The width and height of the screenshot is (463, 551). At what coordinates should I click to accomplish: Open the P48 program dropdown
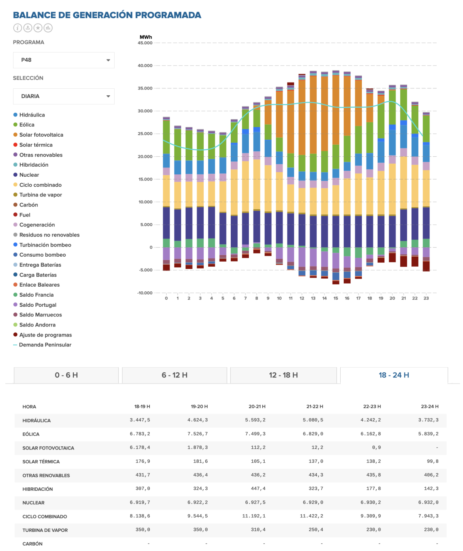[64, 60]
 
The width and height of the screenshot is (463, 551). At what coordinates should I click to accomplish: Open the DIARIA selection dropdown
[64, 96]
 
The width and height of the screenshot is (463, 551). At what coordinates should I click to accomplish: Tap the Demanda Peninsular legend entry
[42, 345]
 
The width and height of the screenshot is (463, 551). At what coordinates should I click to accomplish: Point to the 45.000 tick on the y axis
[145, 43]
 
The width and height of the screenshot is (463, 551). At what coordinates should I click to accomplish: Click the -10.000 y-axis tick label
[145, 292]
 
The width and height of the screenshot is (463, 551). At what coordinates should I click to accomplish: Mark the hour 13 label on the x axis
[313, 298]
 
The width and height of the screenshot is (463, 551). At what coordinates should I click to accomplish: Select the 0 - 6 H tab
[66, 375]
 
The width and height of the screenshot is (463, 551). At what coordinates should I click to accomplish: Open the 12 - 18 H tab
[284, 375]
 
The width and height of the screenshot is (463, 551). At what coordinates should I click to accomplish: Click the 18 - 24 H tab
[394, 375]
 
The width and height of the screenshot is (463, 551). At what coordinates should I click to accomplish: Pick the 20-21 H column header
[257, 406]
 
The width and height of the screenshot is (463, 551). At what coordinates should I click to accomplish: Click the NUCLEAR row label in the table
[34, 503]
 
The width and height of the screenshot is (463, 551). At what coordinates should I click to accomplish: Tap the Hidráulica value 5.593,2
[255, 420]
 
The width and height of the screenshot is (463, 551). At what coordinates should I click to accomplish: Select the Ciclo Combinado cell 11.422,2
[311, 516]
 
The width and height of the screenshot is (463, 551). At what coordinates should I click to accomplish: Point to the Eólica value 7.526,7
[198, 434]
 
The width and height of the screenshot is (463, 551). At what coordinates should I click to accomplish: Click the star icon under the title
[38, 28]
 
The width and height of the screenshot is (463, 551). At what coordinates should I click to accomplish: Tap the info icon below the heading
[18, 28]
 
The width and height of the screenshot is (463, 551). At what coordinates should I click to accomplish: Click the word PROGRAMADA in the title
[168, 15]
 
